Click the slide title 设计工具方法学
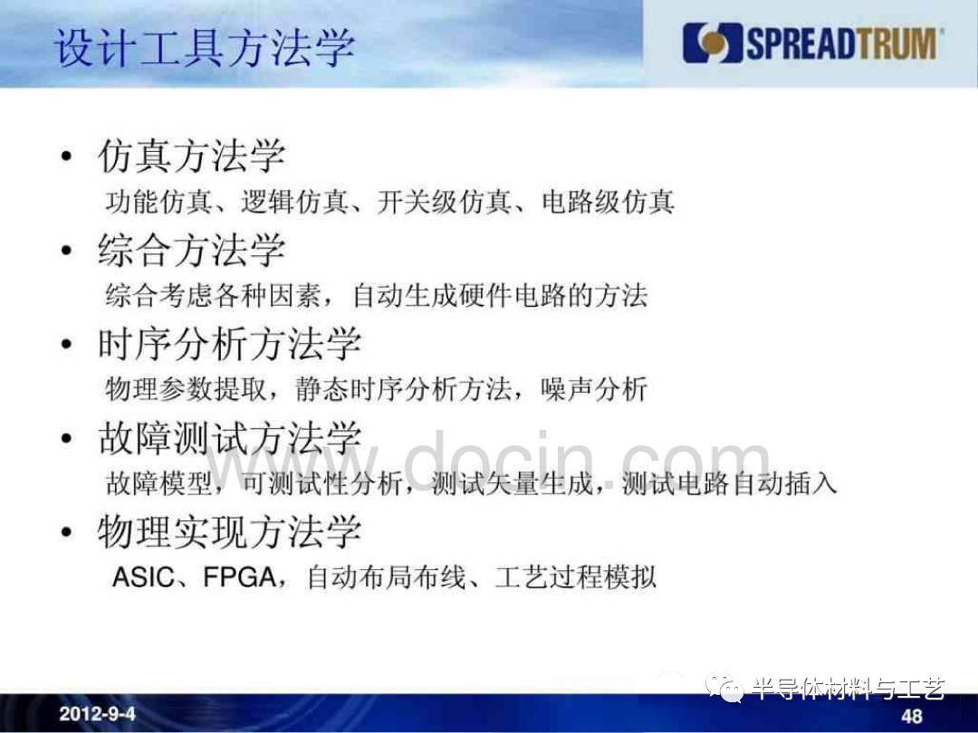[205, 47]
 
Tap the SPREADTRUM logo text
[841, 43]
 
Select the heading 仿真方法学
[191, 156]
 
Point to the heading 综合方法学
[191, 250]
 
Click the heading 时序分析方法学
[229, 344]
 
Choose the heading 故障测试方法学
[229, 438]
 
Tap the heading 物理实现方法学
[229, 532]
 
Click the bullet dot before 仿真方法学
[67, 157]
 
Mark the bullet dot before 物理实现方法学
[67, 532]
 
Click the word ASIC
[143, 577]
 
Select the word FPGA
[240, 577]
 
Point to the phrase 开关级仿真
[444, 202]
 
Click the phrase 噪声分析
[594, 389]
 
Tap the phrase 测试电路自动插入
[729, 483]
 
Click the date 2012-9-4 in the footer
[97, 714]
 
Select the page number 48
[912, 716]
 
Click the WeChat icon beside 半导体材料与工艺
[724, 688]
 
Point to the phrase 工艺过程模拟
[576, 577]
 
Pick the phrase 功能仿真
[158, 202]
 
